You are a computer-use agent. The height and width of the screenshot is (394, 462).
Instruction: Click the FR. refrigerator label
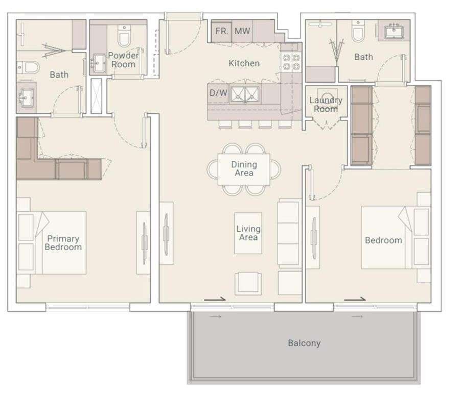(x=222, y=31)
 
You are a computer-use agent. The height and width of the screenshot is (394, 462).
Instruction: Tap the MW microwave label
(x=242, y=31)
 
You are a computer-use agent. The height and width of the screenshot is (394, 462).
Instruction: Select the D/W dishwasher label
(x=218, y=93)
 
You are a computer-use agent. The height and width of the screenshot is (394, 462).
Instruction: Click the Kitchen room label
(x=244, y=63)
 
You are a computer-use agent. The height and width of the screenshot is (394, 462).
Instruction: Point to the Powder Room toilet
(x=124, y=36)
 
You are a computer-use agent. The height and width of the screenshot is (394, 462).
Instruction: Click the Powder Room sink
(x=99, y=62)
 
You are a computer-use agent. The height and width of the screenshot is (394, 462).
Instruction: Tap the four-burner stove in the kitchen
(x=291, y=62)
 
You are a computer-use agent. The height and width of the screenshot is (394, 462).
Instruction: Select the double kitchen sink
(x=245, y=94)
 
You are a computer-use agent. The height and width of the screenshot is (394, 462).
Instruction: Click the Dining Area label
(x=244, y=168)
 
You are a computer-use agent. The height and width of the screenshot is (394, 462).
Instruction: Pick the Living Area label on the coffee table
(x=248, y=233)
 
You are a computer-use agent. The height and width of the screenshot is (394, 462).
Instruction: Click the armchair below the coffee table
(x=248, y=283)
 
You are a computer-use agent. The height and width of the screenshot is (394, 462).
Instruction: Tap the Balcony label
(x=305, y=343)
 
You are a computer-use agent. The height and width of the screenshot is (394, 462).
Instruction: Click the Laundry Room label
(x=326, y=105)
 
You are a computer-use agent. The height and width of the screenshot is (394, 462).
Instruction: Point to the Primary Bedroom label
(x=63, y=243)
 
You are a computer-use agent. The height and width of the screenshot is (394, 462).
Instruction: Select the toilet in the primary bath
(x=28, y=67)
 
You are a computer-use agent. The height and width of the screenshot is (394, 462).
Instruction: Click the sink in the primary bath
(x=27, y=97)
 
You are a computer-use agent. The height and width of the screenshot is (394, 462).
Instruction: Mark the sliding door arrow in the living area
(x=215, y=300)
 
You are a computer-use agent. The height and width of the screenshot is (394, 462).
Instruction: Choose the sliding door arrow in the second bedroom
(x=355, y=300)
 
